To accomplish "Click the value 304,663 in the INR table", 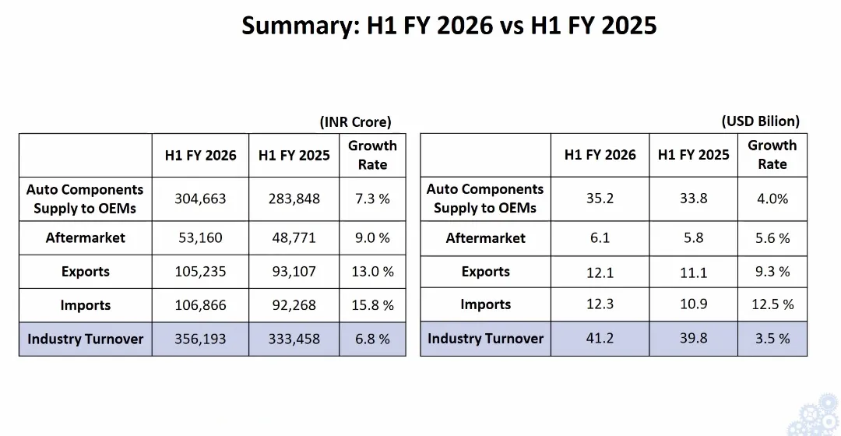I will click(x=200, y=199).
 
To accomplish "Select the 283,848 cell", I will click(x=294, y=199).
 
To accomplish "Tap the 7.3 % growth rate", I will click(x=372, y=199).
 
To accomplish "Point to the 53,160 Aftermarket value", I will click(x=200, y=237).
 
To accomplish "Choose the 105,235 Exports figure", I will click(x=200, y=272).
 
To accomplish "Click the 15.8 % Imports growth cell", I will click(x=372, y=305).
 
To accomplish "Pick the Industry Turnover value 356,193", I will click(x=200, y=339).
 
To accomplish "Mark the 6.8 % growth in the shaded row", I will click(x=372, y=339).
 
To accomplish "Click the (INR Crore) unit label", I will click(x=355, y=121).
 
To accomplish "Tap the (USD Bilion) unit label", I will click(x=761, y=121).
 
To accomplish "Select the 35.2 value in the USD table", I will click(x=600, y=199).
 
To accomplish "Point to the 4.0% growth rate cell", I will click(x=772, y=199).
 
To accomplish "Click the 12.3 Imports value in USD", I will click(x=600, y=304).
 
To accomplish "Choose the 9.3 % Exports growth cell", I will click(x=772, y=272).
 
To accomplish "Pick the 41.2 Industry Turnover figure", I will click(x=600, y=339).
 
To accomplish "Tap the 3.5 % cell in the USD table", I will click(x=772, y=339).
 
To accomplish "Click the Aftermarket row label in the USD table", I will click(x=485, y=237).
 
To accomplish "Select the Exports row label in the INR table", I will click(x=86, y=272).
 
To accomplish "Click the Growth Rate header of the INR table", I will click(x=372, y=155).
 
